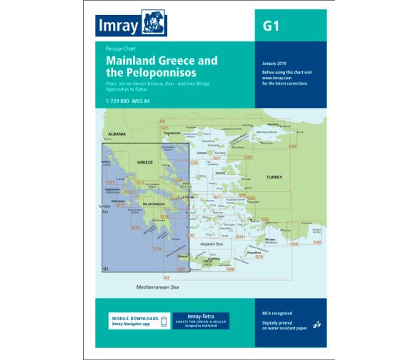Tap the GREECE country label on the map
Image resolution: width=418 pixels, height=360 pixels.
point(145,163)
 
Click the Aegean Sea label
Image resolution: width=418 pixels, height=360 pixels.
point(212,244)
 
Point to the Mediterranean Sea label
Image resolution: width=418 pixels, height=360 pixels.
point(159,285)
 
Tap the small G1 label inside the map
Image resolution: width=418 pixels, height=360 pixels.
point(106,268)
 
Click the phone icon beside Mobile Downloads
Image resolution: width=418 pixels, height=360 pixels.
point(164,321)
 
